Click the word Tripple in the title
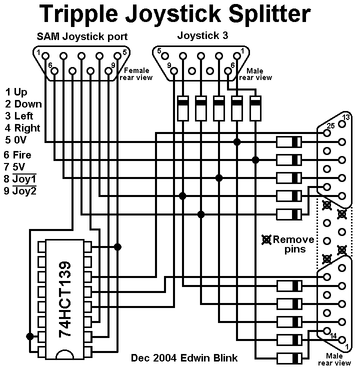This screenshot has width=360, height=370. (78, 14)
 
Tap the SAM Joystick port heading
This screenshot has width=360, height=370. (82, 37)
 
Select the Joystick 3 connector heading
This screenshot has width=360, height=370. (202, 35)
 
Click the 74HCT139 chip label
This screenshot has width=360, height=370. (64, 299)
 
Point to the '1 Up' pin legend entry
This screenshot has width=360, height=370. (16, 92)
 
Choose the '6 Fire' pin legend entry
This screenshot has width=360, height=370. (17, 155)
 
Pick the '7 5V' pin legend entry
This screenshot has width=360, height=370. (14, 167)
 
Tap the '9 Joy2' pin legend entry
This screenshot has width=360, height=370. (20, 190)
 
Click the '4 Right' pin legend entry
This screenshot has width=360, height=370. (22, 128)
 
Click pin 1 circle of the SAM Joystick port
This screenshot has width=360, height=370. (45, 56)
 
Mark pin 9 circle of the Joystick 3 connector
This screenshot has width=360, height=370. (174, 71)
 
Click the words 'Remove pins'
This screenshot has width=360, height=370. (293, 244)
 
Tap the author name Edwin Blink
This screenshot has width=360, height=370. (209, 358)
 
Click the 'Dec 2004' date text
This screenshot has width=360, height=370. (153, 358)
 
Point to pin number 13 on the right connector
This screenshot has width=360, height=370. (346, 117)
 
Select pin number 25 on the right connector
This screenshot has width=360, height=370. (330, 126)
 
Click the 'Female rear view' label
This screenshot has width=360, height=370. (136, 74)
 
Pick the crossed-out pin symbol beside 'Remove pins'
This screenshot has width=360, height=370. (266, 239)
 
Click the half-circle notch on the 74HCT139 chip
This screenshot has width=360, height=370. (64, 354)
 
